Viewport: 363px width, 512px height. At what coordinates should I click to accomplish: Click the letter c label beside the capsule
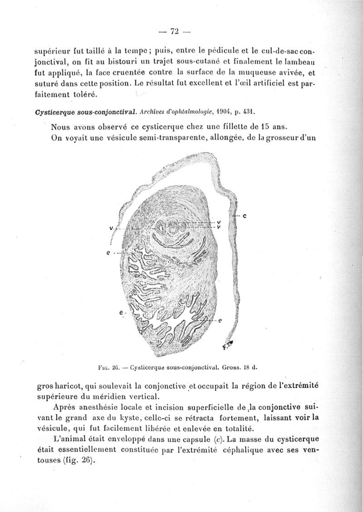point(244,216)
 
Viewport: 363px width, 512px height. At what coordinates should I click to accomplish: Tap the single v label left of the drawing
point(111,228)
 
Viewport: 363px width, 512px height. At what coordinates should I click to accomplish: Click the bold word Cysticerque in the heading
point(54,111)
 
